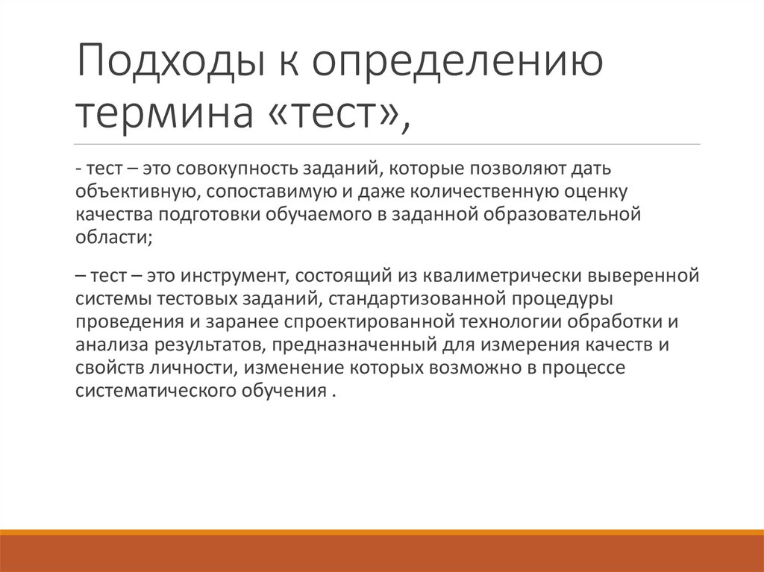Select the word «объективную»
coord(135,194)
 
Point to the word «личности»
coord(198,368)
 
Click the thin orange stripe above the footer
coord(382,532)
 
